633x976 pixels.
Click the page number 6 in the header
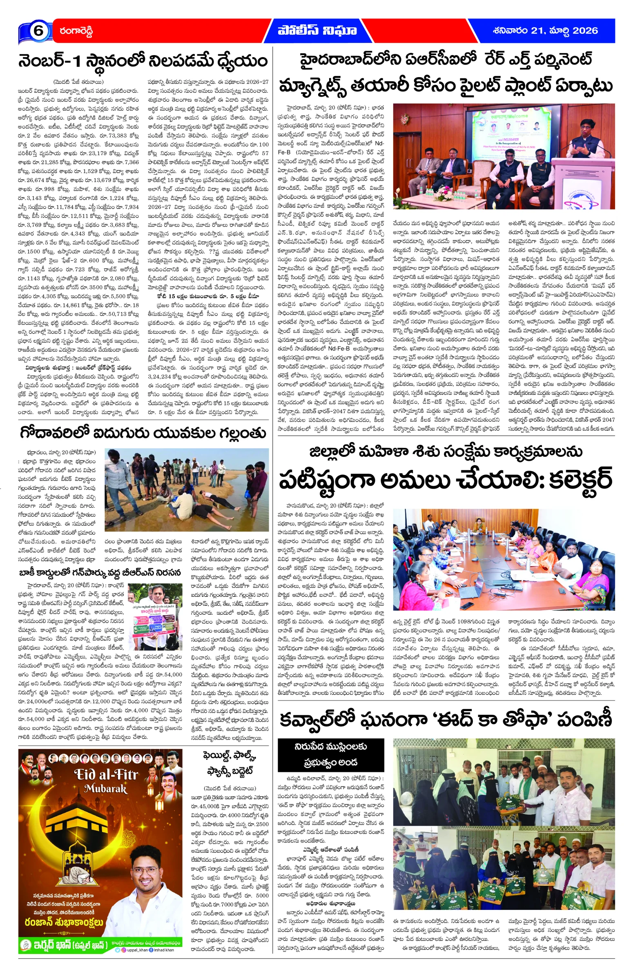tap(38, 31)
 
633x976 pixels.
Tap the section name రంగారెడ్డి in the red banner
tap(76, 31)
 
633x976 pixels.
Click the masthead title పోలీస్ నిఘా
tap(317, 31)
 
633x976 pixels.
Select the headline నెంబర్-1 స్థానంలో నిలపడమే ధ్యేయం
tap(143, 62)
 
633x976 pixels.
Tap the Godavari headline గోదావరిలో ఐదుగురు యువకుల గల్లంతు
tap(143, 433)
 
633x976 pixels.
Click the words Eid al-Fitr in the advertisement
tap(106, 774)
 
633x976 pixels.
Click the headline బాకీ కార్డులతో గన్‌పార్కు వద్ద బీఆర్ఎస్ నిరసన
tap(100, 572)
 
